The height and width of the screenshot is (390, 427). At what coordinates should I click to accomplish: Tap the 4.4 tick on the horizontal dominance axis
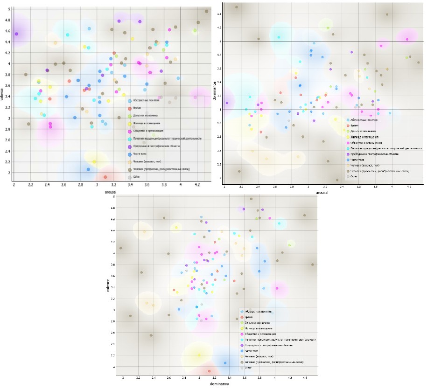[x=305, y=377]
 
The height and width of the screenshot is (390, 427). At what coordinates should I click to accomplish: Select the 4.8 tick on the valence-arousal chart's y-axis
[x=7, y=20]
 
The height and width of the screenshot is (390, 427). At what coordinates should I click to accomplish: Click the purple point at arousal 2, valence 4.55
[x=16, y=34]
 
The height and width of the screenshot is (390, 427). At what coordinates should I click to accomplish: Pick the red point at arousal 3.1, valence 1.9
[x=105, y=177]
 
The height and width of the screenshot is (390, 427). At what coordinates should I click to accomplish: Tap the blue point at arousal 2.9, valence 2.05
[x=88, y=169]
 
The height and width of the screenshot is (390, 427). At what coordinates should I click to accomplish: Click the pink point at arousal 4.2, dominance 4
[x=407, y=40]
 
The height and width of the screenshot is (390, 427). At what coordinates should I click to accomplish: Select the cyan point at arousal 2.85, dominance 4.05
[x=279, y=37]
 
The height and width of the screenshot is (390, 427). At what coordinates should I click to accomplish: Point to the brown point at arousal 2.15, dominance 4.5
[x=237, y=7]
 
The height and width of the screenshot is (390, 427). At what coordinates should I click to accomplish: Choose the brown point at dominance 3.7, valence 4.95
[x=251, y=199]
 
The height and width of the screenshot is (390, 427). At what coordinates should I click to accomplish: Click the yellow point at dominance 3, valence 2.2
[x=199, y=355]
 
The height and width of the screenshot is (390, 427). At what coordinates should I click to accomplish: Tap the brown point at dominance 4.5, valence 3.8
[x=312, y=265]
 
